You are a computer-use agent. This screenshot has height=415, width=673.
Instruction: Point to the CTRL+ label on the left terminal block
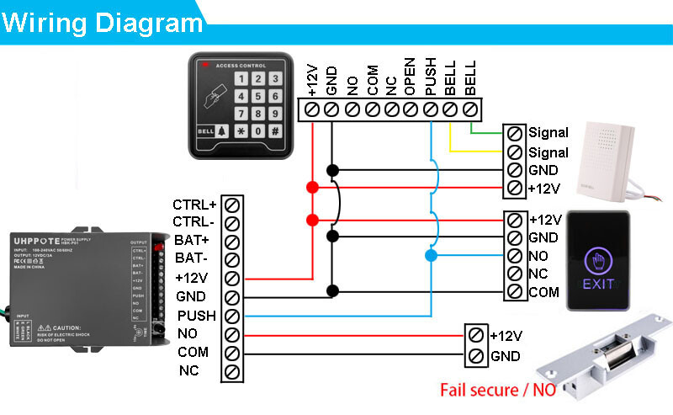pyautogui.click(x=194, y=205)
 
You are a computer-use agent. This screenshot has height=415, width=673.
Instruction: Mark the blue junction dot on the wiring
pyautogui.click(x=431, y=255)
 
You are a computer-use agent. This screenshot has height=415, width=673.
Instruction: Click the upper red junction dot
pyautogui.click(x=313, y=186)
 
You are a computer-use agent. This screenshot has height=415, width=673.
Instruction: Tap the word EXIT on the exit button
pyautogui.click(x=598, y=284)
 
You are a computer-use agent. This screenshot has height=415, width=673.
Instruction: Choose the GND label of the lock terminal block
pyautogui.click(x=506, y=355)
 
